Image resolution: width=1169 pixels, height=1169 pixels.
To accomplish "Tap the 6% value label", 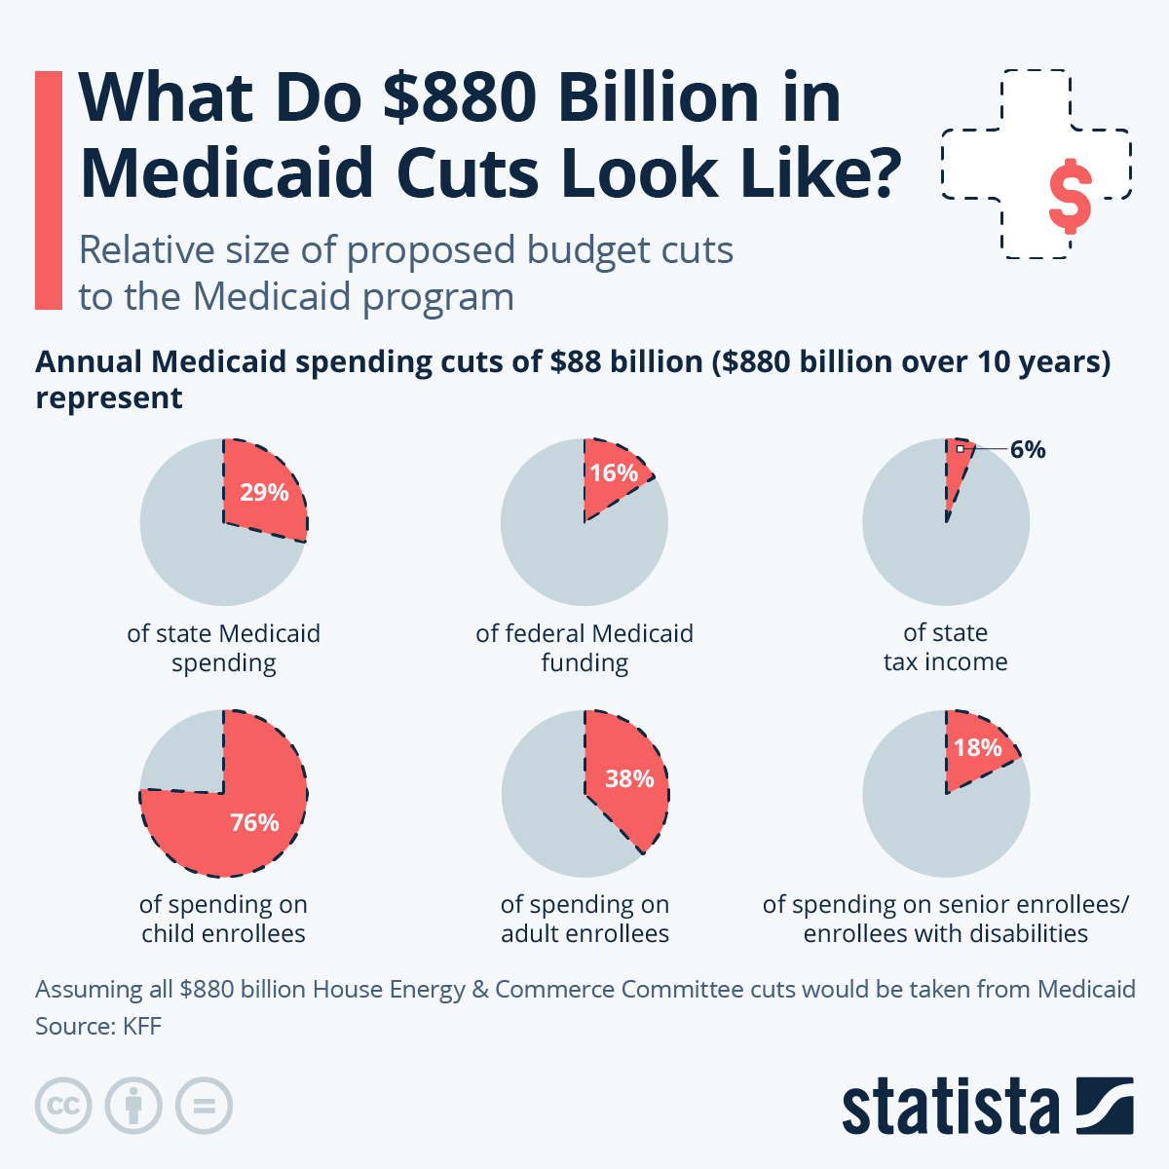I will click(1028, 449).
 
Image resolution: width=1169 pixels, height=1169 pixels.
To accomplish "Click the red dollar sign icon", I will click(1070, 195).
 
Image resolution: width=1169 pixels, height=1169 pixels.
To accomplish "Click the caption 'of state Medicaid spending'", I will click(224, 648).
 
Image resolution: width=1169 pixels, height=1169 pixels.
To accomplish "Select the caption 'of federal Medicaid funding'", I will click(584, 648).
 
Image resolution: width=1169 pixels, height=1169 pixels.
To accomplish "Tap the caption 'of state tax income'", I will click(946, 647).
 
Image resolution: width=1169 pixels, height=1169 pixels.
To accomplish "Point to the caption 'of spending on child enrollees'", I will click(223, 919).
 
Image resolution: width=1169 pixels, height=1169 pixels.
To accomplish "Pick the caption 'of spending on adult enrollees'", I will click(584, 919).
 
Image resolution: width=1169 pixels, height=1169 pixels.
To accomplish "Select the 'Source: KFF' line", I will click(98, 1026).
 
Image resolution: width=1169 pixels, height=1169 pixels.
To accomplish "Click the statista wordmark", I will click(950, 1107).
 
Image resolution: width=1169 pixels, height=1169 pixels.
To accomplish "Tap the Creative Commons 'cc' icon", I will click(64, 1106).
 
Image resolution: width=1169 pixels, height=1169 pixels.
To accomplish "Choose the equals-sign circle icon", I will click(205, 1106).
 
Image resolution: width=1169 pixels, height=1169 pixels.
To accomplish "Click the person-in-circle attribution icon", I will click(134, 1106).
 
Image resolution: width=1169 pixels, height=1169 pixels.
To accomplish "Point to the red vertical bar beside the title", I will click(49, 190).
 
